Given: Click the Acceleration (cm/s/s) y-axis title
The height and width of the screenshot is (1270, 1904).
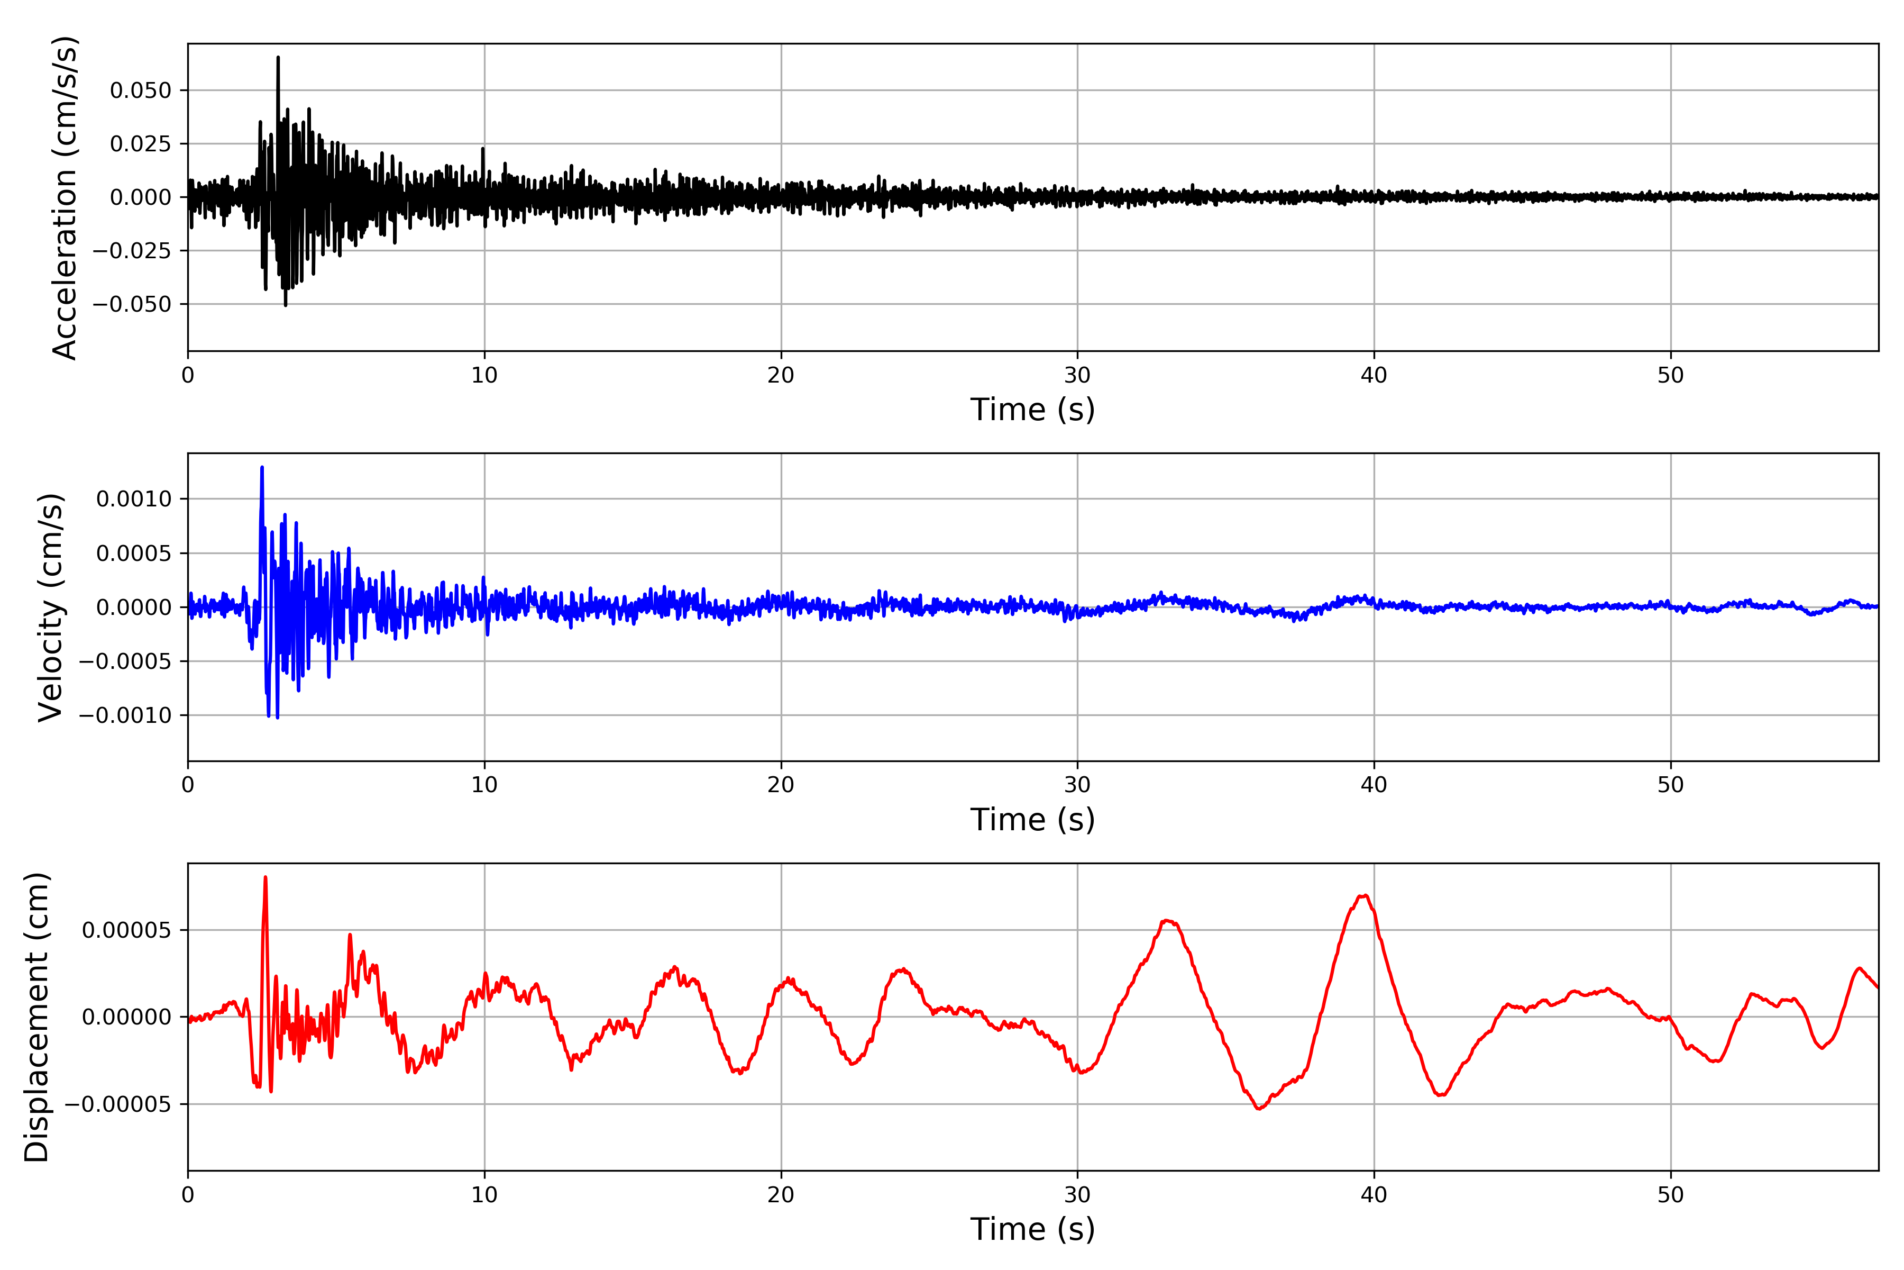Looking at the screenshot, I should pyautogui.click(x=65, y=197).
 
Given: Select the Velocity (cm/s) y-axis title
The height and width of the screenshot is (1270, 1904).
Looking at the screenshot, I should pyautogui.click(x=51, y=607).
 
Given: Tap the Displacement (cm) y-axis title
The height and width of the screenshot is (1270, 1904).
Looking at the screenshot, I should pyautogui.click(x=37, y=1017).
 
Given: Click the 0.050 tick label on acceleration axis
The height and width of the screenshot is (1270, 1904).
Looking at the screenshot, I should pyautogui.click(x=141, y=90).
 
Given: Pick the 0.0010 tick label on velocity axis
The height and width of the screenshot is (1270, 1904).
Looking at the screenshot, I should pyautogui.click(x=134, y=499).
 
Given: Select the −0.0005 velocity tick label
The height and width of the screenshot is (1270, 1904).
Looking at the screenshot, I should pyautogui.click(x=125, y=662).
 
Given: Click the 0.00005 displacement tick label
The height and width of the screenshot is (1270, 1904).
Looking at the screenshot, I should pyautogui.click(x=127, y=930).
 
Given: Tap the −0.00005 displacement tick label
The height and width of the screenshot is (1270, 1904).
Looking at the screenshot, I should pyautogui.click(x=118, y=1104).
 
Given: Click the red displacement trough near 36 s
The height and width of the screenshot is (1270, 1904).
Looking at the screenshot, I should pyautogui.click(x=1259, y=1109).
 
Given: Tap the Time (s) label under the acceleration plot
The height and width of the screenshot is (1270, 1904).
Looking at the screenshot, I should pyautogui.click(x=1032, y=410).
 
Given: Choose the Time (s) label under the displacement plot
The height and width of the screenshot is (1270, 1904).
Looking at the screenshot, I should pyautogui.click(x=1032, y=1229).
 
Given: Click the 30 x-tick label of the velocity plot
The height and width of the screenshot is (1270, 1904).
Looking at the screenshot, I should pyautogui.click(x=1077, y=785).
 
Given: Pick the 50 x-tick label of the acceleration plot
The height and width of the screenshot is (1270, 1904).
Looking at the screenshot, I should pyautogui.click(x=1671, y=375).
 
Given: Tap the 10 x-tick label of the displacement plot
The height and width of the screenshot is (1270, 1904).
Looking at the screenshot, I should pyautogui.click(x=484, y=1195).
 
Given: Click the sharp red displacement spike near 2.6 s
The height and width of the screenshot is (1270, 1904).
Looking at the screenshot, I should pyautogui.click(x=266, y=877).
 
